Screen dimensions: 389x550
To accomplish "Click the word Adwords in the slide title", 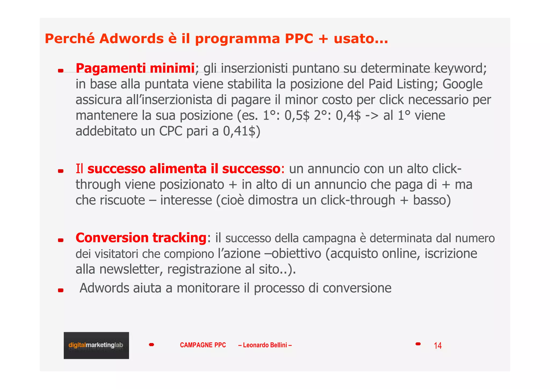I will pyautogui.click(x=131, y=39).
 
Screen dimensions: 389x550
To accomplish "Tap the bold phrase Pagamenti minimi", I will pyautogui.click(x=135, y=68).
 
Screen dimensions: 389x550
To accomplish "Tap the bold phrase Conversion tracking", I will pyautogui.click(x=141, y=238).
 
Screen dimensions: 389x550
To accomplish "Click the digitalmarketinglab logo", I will pyautogui.click(x=96, y=345).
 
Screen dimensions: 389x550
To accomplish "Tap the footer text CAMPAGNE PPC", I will pyautogui.click(x=203, y=345).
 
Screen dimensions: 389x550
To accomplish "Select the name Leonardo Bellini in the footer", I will pyautogui.click(x=265, y=345).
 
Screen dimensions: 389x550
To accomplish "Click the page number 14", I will pyautogui.click(x=437, y=346).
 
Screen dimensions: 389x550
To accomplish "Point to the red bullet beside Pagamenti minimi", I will pyautogui.click(x=61, y=71).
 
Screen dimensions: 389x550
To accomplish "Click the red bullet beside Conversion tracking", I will pyautogui.click(x=61, y=240).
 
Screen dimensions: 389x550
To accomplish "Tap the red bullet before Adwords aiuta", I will pyautogui.click(x=61, y=290).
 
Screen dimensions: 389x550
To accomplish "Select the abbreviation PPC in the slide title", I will pyautogui.click(x=299, y=39).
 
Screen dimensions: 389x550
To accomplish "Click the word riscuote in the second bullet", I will pyautogui.click(x=126, y=200).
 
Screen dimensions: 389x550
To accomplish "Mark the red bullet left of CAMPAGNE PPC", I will pyautogui.click(x=151, y=345).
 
